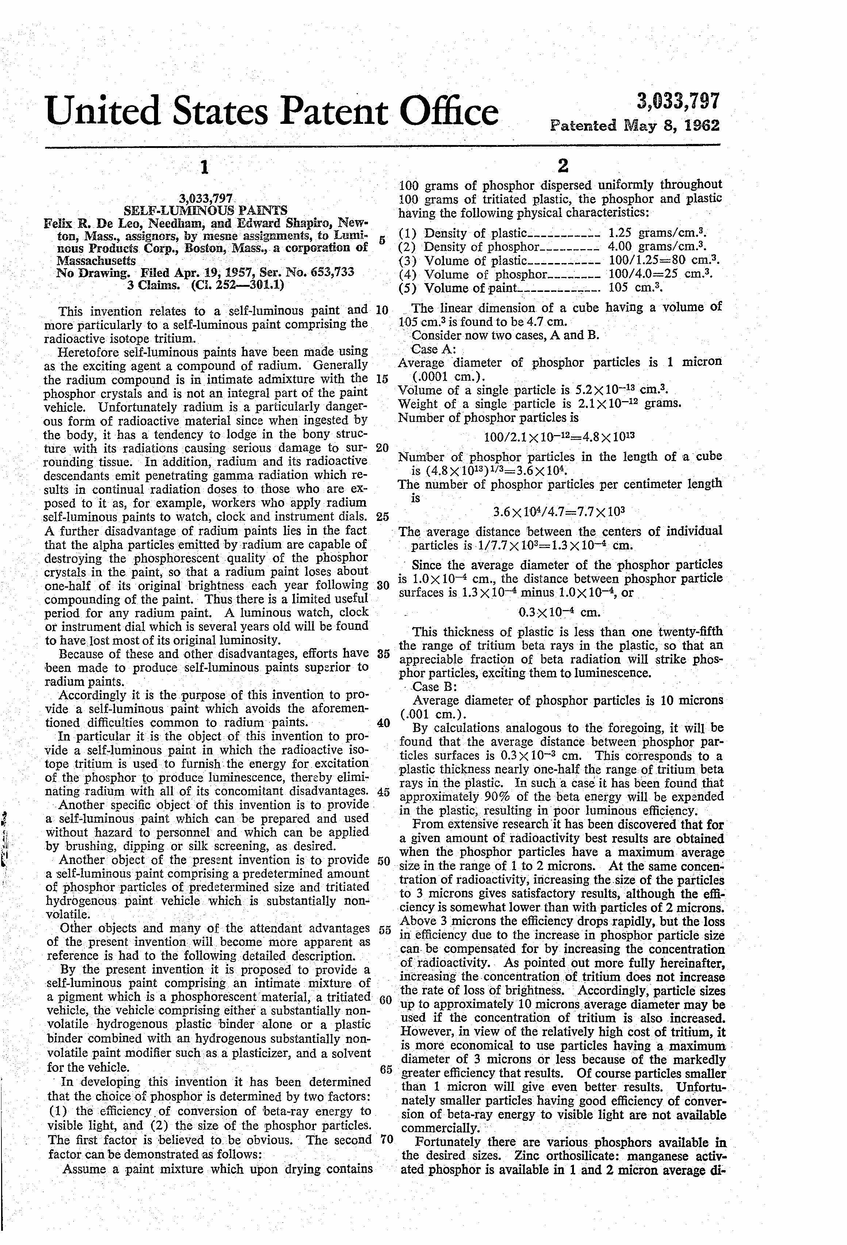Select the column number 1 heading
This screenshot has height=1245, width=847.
pyautogui.click(x=203, y=168)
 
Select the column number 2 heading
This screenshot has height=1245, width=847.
pyautogui.click(x=562, y=166)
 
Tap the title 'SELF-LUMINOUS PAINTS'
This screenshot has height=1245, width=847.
pyautogui.click(x=206, y=210)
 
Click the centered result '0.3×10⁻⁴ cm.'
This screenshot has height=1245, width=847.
pyautogui.click(x=559, y=612)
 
